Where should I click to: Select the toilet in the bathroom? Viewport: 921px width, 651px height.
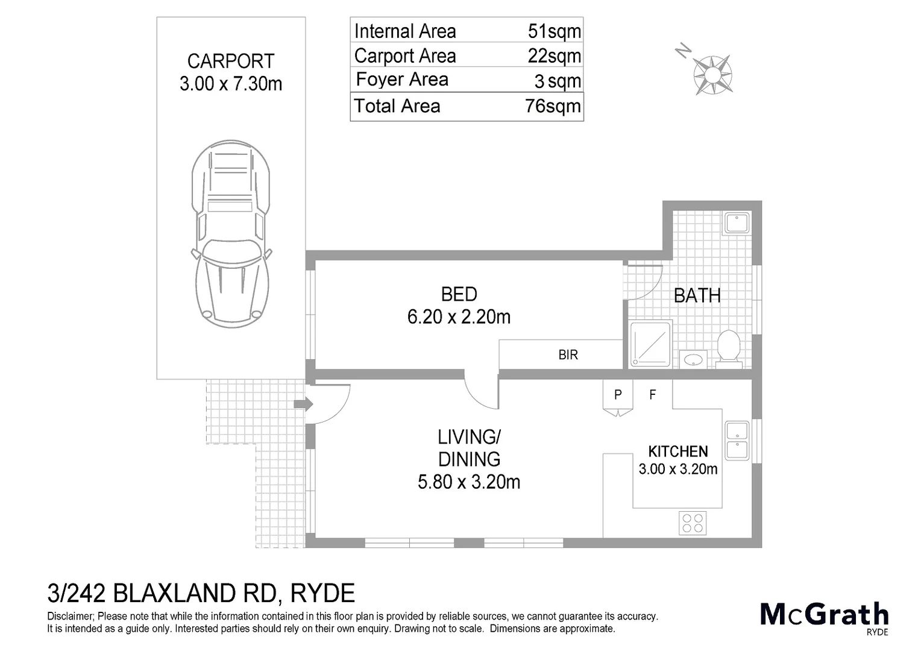729,348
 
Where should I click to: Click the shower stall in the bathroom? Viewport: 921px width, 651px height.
650,344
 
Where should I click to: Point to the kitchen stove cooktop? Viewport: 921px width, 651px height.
693,523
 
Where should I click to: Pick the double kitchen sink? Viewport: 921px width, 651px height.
737,440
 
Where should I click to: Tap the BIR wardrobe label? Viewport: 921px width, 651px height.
568,355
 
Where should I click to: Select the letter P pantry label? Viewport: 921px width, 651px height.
618,395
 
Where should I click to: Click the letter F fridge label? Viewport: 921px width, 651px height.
652,395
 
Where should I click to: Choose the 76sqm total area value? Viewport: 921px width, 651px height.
553,107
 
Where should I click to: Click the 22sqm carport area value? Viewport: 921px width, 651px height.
554,56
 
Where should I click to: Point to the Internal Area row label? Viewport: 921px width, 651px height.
405,31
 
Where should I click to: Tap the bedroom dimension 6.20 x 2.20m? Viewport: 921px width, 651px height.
459,316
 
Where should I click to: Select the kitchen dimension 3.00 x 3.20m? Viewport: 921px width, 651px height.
678,469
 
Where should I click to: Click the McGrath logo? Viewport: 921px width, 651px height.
824,615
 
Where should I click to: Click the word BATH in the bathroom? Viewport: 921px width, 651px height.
697,295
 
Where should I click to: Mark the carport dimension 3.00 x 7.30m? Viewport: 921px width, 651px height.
231,84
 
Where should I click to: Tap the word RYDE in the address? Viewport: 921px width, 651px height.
322,594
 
